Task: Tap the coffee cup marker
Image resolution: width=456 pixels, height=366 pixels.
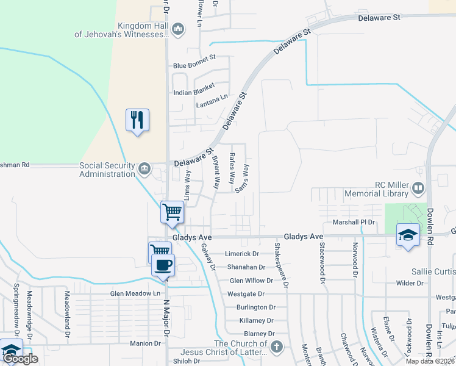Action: tap(163, 265)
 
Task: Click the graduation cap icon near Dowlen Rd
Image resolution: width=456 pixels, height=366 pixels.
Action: tap(407, 235)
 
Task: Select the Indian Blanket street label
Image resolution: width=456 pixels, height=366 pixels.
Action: tap(194, 92)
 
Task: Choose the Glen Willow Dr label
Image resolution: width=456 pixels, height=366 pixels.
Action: tap(251, 281)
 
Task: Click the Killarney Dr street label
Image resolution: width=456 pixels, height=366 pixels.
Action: tap(256, 320)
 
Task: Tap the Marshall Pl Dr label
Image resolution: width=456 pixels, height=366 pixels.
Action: tap(353, 222)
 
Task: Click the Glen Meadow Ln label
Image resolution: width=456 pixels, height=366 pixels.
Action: tap(135, 293)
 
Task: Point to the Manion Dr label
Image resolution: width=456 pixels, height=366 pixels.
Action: tap(145, 343)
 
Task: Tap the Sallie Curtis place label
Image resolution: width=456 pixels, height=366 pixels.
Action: tap(433, 270)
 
